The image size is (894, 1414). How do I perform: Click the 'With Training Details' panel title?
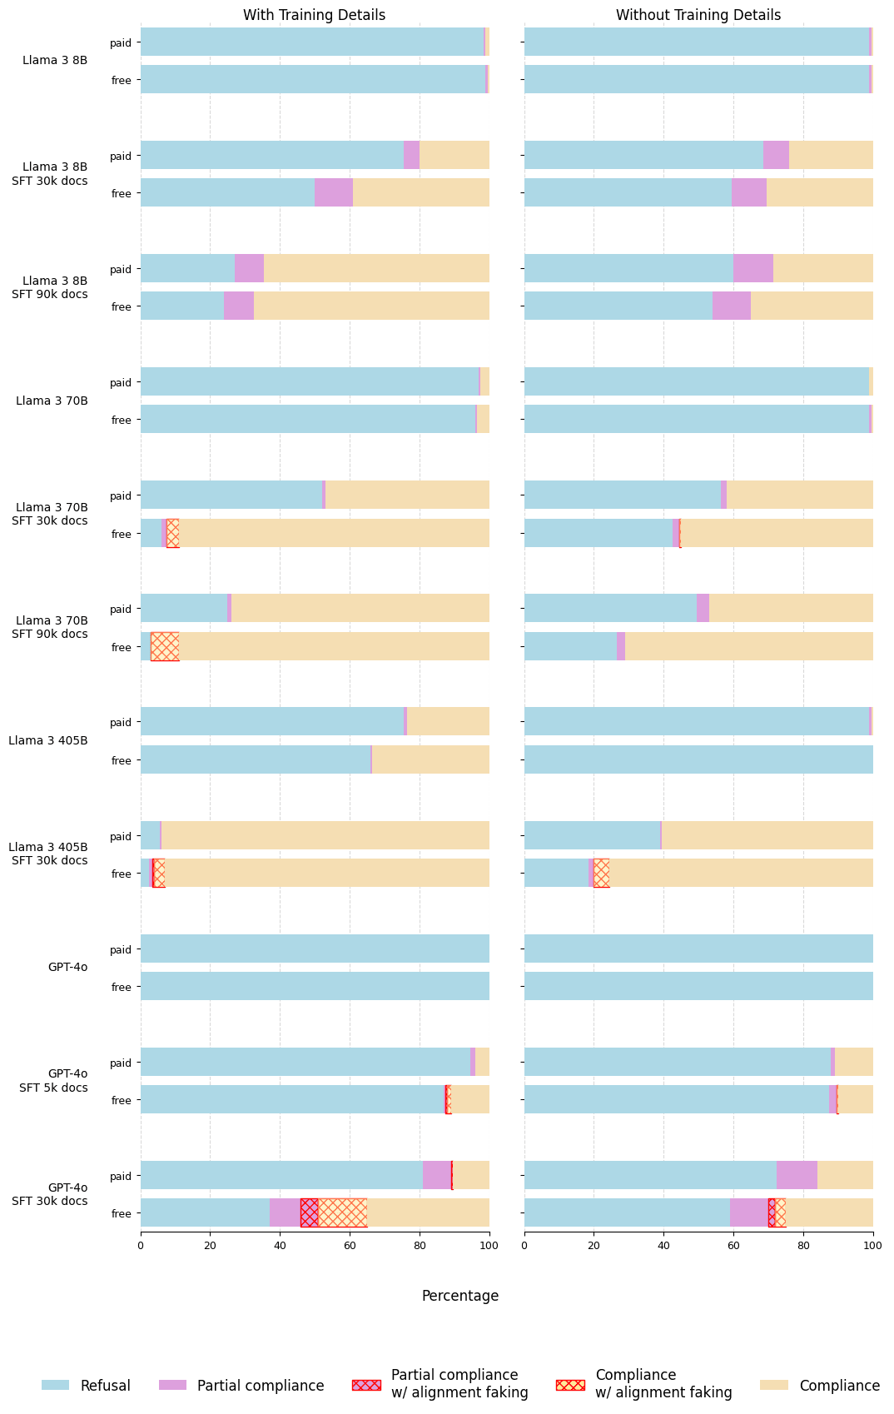(x=314, y=15)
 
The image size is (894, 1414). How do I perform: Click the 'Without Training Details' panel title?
(x=698, y=15)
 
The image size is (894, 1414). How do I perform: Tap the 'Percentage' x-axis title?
(x=460, y=1296)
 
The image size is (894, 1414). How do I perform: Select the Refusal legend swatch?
(x=56, y=1385)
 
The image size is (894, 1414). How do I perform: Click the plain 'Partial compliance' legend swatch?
(x=172, y=1385)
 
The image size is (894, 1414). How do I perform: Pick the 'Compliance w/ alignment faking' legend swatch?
(x=570, y=1385)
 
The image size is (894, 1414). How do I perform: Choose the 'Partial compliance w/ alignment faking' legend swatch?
(x=366, y=1385)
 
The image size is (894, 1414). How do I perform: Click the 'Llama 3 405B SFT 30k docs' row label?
(x=49, y=854)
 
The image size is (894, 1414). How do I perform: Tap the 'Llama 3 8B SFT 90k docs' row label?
(x=49, y=287)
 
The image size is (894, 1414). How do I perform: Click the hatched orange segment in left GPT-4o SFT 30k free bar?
(x=342, y=1212)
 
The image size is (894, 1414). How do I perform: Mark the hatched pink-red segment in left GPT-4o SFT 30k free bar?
(x=309, y=1212)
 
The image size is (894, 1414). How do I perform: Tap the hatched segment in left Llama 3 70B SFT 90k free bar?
(x=165, y=646)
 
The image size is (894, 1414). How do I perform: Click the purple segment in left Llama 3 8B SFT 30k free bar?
(x=334, y=192)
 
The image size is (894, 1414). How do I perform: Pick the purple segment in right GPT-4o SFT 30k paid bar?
(x=797, y=1175)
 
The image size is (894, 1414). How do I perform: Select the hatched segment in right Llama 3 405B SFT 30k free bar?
(x=601, y=873)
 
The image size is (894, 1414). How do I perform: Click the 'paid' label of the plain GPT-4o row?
(x=122, y=949)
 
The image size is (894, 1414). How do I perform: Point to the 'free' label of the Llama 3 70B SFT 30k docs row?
(x=122, y=534)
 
